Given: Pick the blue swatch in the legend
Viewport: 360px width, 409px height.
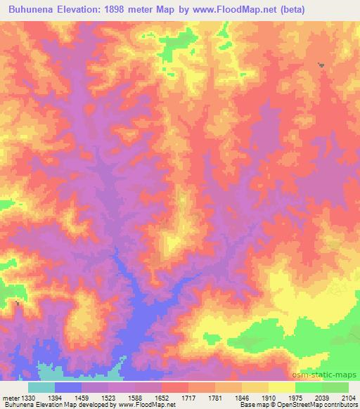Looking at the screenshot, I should tap(68, 387).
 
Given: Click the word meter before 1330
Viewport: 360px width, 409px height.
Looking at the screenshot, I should tap(10, 397).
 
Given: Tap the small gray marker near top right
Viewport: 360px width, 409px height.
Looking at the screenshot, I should tap(321, 65).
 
